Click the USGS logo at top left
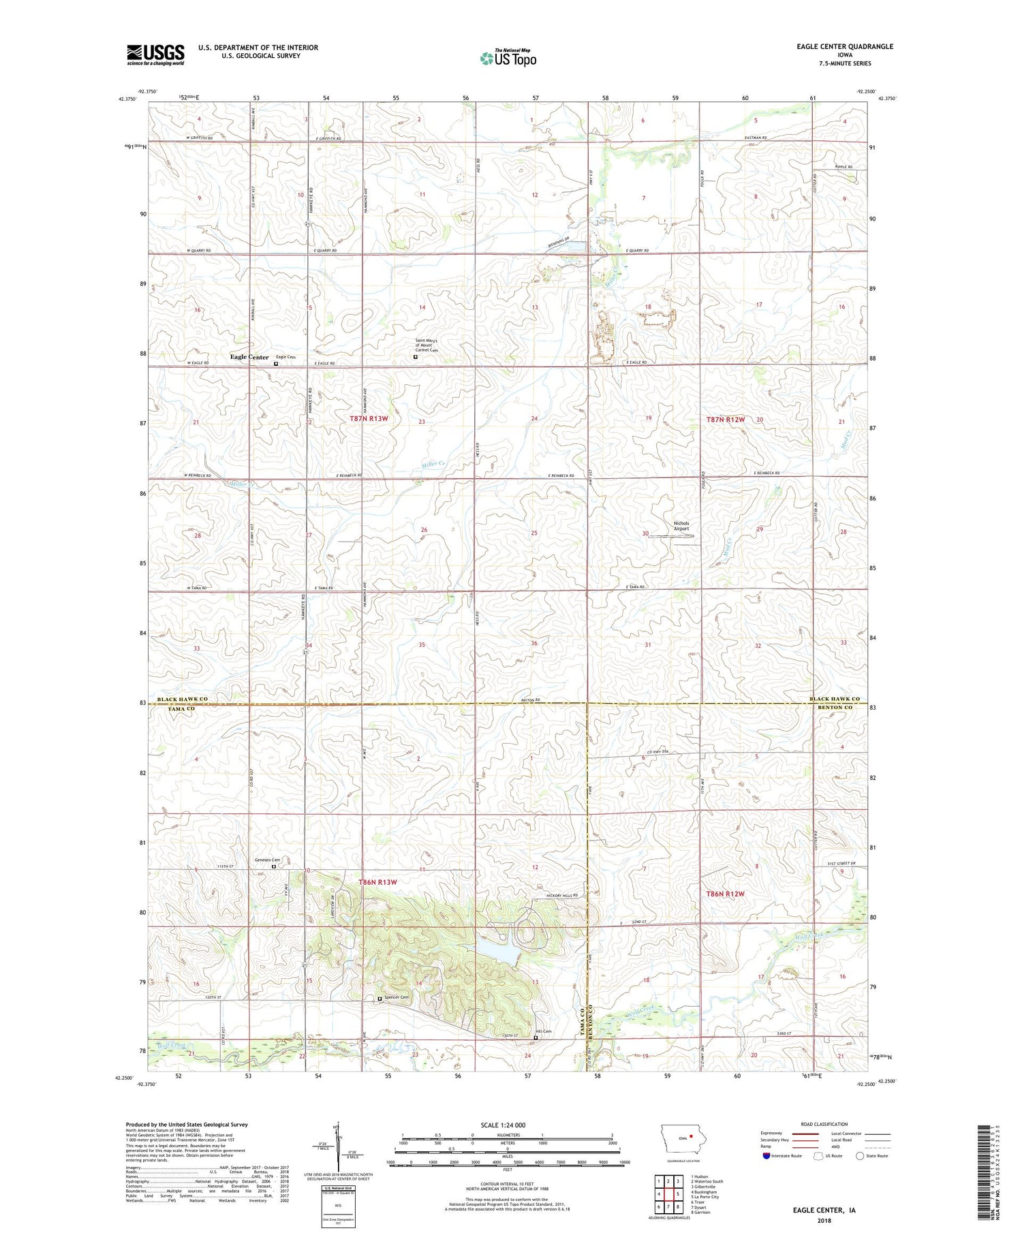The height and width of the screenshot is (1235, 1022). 155,54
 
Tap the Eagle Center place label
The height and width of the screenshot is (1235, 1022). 249,357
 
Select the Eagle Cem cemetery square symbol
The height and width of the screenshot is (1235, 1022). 276,364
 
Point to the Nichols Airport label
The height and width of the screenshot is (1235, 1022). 681,526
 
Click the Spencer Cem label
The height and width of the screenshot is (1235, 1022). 396,998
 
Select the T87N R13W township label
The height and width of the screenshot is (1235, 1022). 369,419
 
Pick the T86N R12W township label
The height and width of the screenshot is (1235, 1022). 725,894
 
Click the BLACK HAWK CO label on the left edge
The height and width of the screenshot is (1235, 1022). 182,700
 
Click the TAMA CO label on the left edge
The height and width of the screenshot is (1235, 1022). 181,708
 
